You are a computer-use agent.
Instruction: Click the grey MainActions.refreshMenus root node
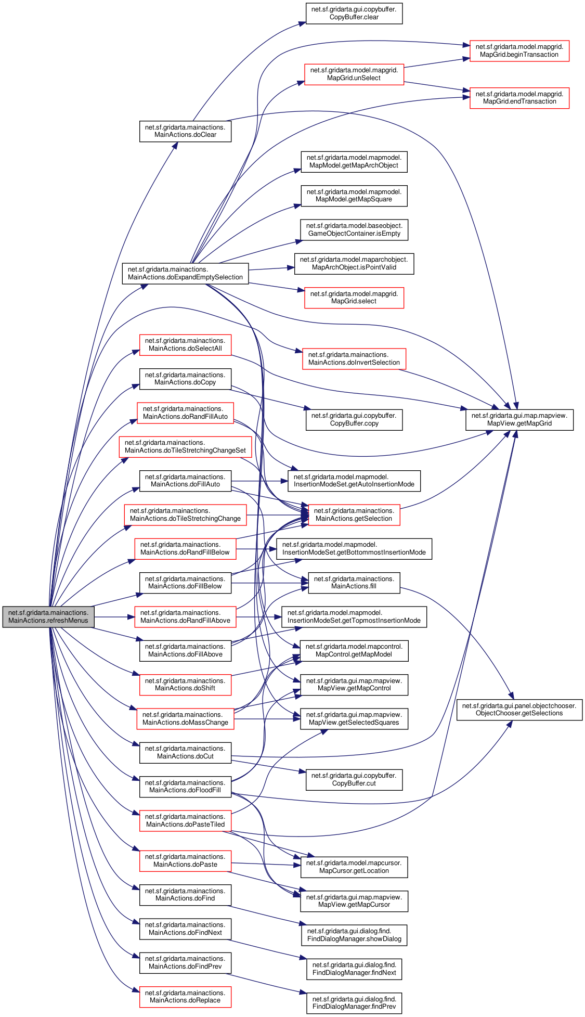pos(48,616)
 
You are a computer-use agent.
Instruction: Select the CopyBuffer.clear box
pos(354,13)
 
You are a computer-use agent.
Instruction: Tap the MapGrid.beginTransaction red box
pos(519,50)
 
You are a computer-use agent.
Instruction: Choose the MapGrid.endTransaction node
pos(519,98)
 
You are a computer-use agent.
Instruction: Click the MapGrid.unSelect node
pos(354,74)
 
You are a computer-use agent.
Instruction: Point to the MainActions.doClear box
pos(185,131)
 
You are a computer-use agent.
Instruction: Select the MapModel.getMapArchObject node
pos(354,162)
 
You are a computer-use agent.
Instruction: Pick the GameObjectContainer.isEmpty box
pos(354,229)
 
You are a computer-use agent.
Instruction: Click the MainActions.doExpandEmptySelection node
pos(185,274)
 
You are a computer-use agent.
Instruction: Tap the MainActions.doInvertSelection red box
pos(354,359)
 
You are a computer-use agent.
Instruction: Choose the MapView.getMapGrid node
pos(519,420)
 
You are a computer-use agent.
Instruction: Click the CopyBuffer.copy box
pos(354,420)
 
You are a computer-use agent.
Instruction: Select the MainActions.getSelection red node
pos(354,515)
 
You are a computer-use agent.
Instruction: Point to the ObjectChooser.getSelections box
pos(519,710)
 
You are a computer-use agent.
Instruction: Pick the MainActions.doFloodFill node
pos(185,787)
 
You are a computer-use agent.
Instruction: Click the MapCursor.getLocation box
pos(354,867)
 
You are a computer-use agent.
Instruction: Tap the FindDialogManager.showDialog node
pos(354,935)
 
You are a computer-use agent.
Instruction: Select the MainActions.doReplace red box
pos(185,997)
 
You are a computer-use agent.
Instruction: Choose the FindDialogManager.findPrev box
pos(354,1003)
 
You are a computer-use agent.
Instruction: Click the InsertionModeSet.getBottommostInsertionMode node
pos(354,549)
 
